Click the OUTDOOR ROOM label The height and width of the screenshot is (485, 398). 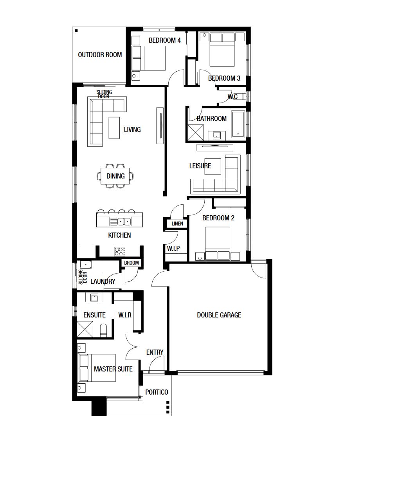click(x=100, y=55)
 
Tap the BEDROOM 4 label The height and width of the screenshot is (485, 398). click(x=164, y=40)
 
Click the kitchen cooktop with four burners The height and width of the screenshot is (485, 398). click(x=120, y=251)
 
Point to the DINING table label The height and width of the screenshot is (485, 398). click(x=115, y=176)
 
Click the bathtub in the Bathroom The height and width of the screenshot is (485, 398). click(x=238, y=124)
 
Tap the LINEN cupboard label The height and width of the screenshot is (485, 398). click(x=177, y=224)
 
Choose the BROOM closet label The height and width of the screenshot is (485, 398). click(x=131, y=263)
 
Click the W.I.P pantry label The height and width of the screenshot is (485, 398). click(x=173, y=248)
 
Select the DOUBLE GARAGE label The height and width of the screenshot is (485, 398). click(x=219, y=315)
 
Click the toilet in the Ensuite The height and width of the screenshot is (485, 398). click(x=104, y=331)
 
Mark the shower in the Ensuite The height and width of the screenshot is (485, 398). click(x=85, y=329)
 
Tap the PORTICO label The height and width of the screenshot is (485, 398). click(x=157, y=392)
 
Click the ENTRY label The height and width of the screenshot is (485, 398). click(x=155, y=352)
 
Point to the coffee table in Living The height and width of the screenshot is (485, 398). click(x=114, y=128)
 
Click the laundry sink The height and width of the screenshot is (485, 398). click(x=86, y=264)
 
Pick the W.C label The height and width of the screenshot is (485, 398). click(x=232, y=97)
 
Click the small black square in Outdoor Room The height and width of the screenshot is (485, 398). click(x=76, y=31)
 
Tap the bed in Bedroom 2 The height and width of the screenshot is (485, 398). click(x=217, y=243)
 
